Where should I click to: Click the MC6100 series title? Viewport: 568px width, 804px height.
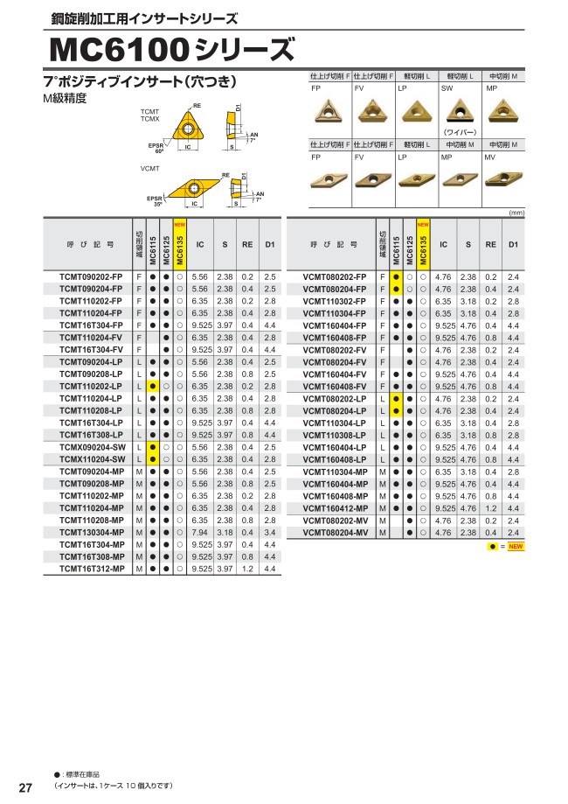[x=171, y=51]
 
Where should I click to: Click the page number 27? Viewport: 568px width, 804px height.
[x=25, y=788]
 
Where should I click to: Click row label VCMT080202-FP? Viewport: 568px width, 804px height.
[x=335, y=276]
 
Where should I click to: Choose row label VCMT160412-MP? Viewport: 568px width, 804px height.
[x=335, y=507]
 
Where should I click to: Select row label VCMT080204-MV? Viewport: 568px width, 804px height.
[x=335, y=532]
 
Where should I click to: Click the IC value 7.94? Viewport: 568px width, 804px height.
[x=199, y=532]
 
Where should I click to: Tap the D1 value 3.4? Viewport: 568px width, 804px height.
[x=269, y=532]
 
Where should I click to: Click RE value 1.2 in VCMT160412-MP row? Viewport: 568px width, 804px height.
[x=490, y=507]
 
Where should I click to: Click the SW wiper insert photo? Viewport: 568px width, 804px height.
[x=456, y=111]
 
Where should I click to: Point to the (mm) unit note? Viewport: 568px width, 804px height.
[x=516, y=213]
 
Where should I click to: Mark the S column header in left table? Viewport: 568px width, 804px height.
[x=225, y=245]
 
